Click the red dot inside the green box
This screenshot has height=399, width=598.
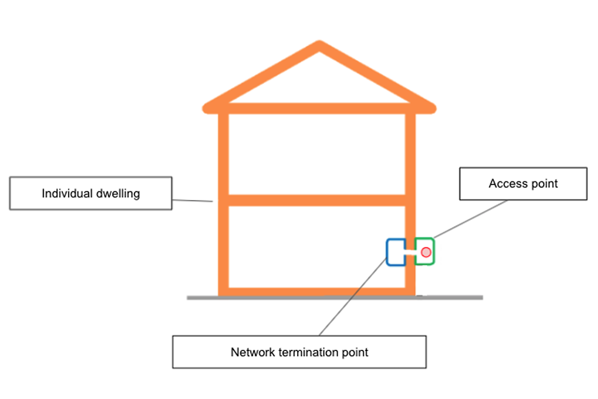[x=426, y=252]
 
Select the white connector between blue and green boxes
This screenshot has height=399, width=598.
[x=409, y=252]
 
